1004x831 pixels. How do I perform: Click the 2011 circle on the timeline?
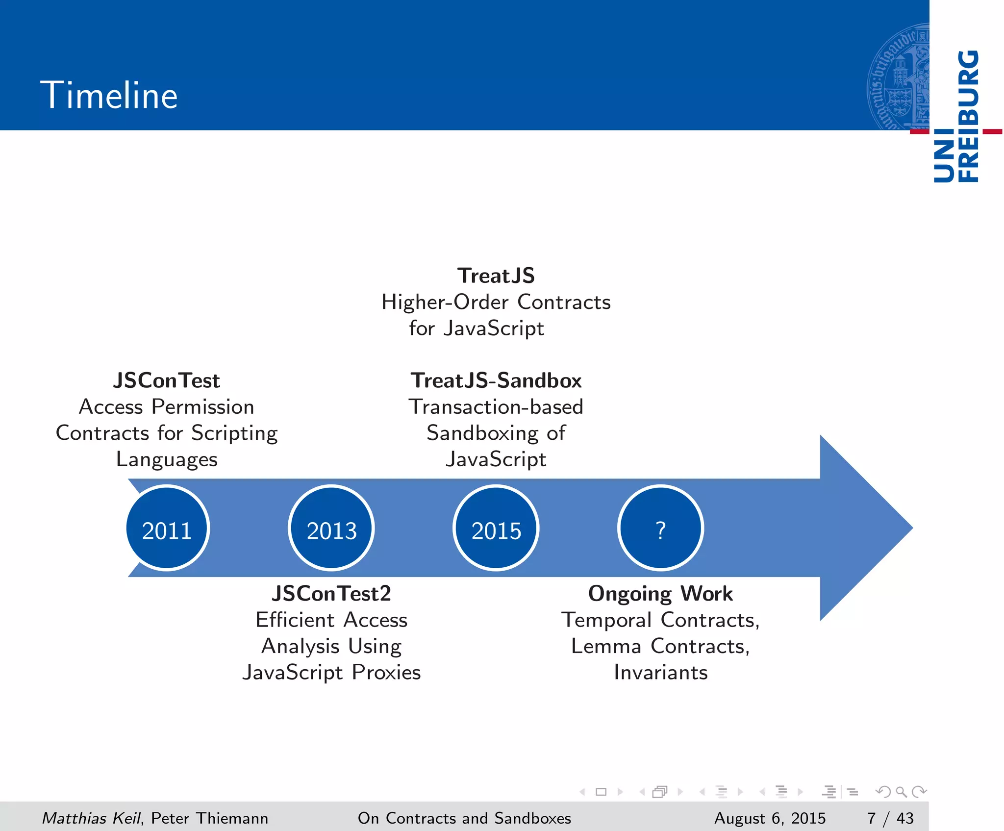pos(167,528)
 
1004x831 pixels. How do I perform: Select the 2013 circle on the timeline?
pos(331,528)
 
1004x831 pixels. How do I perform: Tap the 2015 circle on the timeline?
pos(496,528)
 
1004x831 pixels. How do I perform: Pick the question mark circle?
pos(660,528)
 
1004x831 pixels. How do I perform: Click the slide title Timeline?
pos(109,95)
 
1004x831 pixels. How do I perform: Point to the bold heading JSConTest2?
pos(331,594)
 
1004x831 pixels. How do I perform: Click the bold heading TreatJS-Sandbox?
pos(496,381)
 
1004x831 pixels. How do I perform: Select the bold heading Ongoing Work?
pos(660,594)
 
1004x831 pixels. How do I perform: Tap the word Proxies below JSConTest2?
pos(386,672)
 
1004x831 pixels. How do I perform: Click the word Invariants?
pos(660,672)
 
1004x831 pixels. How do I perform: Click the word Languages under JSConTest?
pos(167,459)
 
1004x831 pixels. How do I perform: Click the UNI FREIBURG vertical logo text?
pos(956,117)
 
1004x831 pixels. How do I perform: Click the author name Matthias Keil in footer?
pos(91,818)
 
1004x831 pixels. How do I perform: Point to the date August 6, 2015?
pos(770,818)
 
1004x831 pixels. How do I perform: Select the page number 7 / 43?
pos(890,818)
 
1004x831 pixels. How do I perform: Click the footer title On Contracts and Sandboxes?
pos(464,818)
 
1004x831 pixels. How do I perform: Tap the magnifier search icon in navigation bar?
pos(901,791)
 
